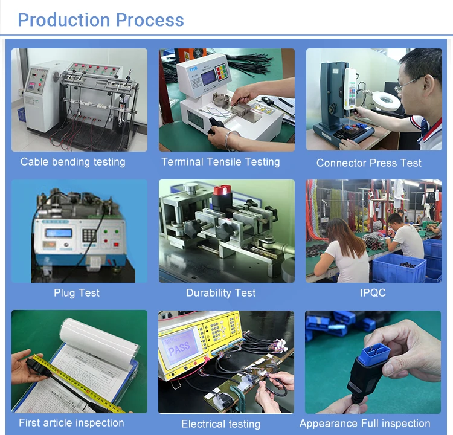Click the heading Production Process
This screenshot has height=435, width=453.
(x=100, y=19)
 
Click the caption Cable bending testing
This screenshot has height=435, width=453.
(x=72, y=162)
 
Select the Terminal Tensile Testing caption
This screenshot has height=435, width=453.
(x=220, y=162)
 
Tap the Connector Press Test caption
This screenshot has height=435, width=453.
(x=368, y=163)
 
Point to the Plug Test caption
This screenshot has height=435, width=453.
(x=76, y=293)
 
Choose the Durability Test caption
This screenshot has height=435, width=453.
(x=220, y=293)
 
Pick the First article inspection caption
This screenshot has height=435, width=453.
(x=71, y=423)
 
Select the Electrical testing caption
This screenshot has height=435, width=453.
(x=220, y=424)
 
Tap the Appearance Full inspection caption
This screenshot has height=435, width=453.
(x=365, y=424)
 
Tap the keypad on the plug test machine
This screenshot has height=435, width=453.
(x=90, y=234)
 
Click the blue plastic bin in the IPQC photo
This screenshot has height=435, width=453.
(x=399, y=268)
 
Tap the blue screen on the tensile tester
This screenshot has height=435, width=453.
(x=209, y=78)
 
